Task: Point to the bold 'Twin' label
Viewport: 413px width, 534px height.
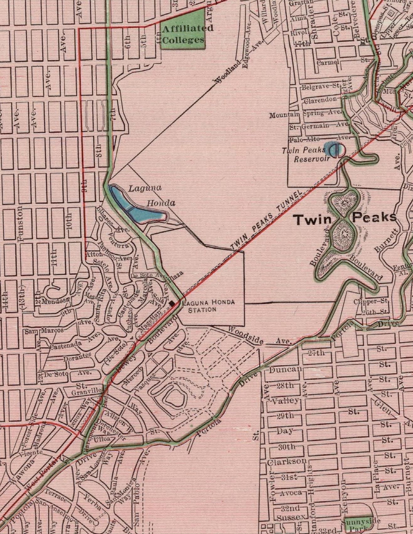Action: pos(313,219)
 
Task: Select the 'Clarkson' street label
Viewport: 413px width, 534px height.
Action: pos(287,461)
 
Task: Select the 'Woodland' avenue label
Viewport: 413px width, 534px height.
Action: pos(227,73)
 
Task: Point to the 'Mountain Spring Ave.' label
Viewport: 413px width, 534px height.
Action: pos(306,114)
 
